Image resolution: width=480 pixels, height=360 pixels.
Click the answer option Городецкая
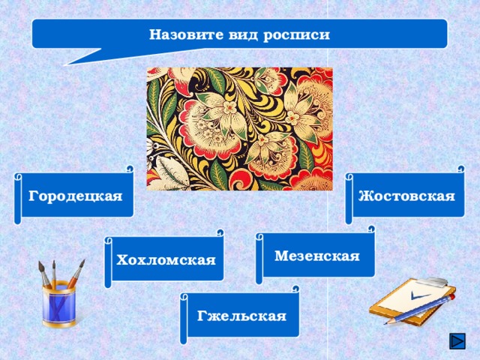(75, 196)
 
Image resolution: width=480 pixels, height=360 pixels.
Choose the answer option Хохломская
(166, 260)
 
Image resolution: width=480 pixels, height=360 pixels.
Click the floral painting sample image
(239, 128)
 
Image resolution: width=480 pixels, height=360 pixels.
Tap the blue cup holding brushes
(58, 306)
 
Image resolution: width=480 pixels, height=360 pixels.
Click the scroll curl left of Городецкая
(17, 199)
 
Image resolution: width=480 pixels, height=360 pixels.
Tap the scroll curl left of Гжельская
(184, 318)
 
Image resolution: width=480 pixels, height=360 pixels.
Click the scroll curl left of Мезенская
(259, 259)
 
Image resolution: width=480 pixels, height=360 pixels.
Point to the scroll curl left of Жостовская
(349, 199)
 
